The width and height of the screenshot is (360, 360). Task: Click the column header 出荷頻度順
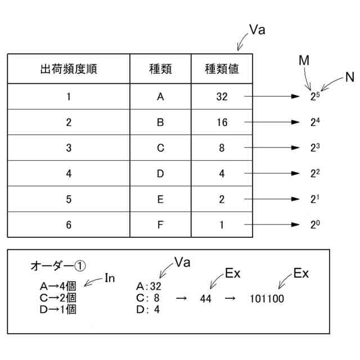68,69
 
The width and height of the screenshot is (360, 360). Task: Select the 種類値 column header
222,69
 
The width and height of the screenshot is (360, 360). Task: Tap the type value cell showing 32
222,97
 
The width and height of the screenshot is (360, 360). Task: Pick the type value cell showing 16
222,123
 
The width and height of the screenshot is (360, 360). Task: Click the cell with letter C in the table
160,148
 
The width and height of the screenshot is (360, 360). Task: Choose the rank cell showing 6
69,225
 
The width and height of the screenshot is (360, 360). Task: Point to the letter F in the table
160,225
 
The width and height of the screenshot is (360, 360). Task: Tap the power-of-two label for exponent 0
314,224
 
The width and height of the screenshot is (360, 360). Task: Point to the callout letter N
349,78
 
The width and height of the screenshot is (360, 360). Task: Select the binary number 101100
267,299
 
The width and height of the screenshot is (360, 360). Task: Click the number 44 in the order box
205,299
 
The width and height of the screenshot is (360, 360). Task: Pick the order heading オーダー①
58,265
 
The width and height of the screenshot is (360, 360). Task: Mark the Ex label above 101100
301,274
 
